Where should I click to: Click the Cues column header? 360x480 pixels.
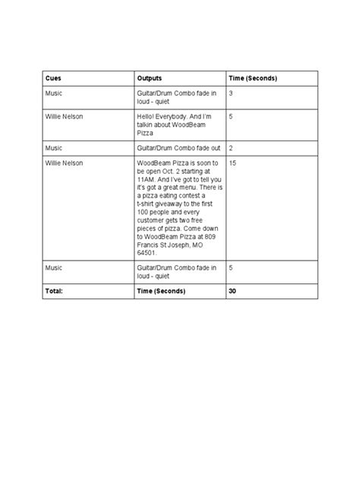(53, 78)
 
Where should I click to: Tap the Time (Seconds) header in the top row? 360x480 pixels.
(252, 78)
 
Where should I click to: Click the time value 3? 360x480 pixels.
(230, 93)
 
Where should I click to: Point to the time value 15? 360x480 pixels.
(232, 163)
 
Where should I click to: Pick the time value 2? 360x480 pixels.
(230, 148)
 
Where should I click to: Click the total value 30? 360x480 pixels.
(232, 290)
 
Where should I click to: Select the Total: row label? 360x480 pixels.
(53, 290)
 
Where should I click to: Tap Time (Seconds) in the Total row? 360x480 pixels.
(162, 290)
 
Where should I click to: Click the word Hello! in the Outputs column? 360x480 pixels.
(147, 116)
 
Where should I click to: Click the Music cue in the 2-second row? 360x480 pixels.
(53, 148)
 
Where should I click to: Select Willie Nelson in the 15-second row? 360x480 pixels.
(63, 163)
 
